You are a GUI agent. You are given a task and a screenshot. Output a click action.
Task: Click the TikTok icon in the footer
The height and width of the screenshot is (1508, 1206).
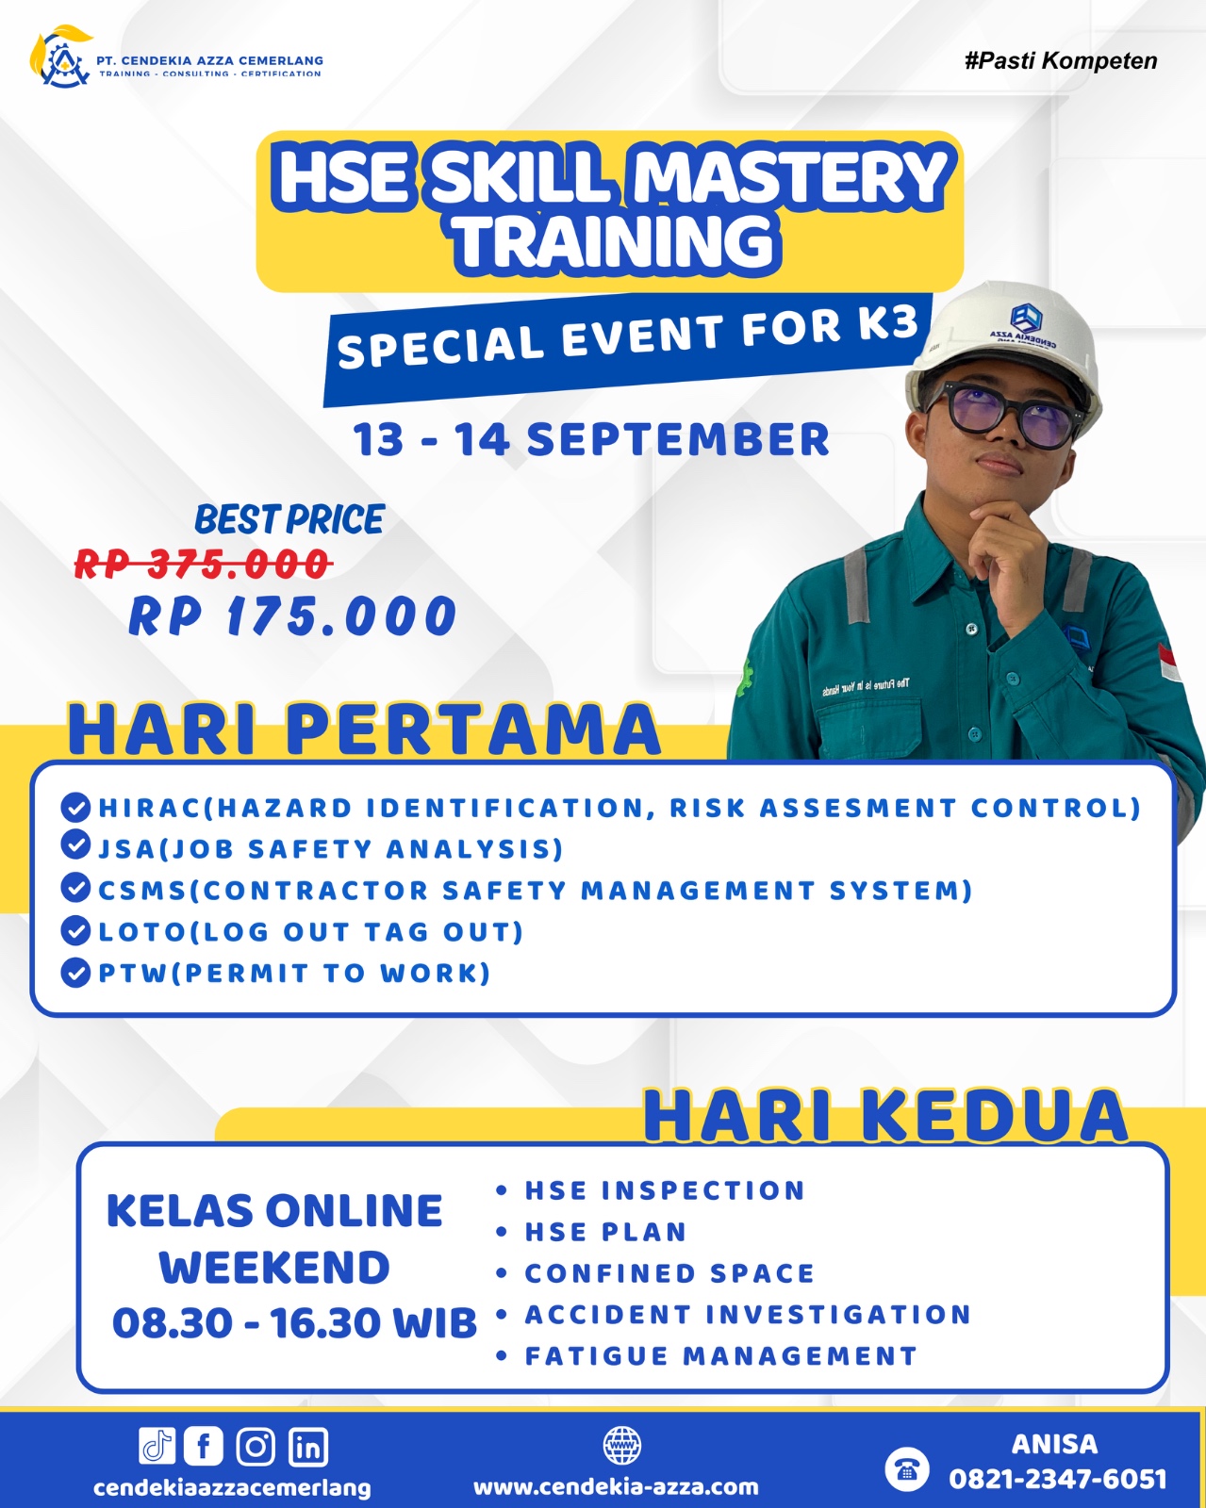click(x=157, y=1446)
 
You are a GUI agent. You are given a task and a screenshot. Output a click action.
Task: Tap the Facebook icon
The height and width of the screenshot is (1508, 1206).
click(x=204, y=1446)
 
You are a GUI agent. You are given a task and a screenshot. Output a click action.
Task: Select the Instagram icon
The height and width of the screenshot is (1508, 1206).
click(x=256, y=1446)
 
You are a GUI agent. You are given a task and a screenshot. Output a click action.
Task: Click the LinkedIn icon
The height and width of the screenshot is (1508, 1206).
click(x=307, y=1446)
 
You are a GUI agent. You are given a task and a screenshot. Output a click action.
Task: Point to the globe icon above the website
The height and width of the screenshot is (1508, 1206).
click(x=622, y=1445)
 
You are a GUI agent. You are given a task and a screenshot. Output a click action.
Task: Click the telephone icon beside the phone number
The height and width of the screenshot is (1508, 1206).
click(x=906, y=1468)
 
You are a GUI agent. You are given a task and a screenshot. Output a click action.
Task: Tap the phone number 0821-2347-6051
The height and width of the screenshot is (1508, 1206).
click(x=1058, y=1480)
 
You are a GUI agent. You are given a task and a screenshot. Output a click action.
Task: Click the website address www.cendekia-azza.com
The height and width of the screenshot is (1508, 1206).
click(x=616, y=1486)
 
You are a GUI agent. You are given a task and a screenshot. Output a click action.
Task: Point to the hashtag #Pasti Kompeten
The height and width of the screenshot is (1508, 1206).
click(x=1061, y=61)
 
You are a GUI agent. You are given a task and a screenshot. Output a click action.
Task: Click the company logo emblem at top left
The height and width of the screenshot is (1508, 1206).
click(x=61, y=57)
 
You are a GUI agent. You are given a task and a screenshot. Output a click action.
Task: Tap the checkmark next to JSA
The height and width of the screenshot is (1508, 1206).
click(x=75, y=845)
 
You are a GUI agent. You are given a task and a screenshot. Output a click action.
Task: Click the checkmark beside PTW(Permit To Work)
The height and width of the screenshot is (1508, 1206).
click(x=75, y=973)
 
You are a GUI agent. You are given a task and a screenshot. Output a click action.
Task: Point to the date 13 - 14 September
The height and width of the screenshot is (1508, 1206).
click(x=592, y=439)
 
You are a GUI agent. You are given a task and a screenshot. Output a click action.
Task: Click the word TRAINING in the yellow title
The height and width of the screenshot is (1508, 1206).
click(x=616, y=241)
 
